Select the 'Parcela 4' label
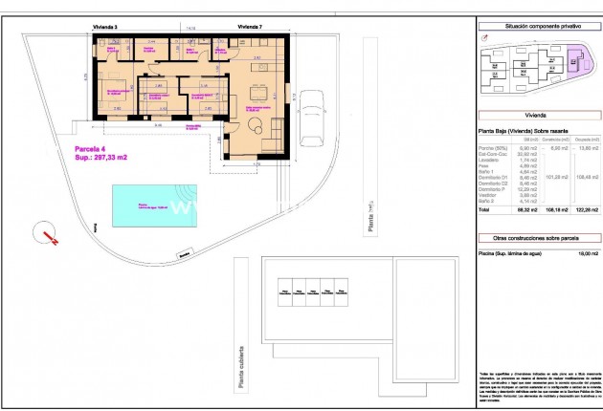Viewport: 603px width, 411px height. pyautogui.click(x=94, y=149)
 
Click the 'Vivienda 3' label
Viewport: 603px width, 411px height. pyautogui.click(x=104, y=29)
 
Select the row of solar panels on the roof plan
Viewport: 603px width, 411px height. pyautogui.click(x=311, y=286)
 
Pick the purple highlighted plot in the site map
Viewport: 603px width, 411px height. pyautogui.click(x=576, y=62)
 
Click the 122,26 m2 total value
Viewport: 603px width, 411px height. pyautogui.click(x=585, y=221)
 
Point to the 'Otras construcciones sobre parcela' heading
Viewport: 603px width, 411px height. pyautogui.click(x=537, y=236)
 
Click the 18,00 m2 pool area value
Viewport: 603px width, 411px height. pyautogui.click(x=586, y=253)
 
